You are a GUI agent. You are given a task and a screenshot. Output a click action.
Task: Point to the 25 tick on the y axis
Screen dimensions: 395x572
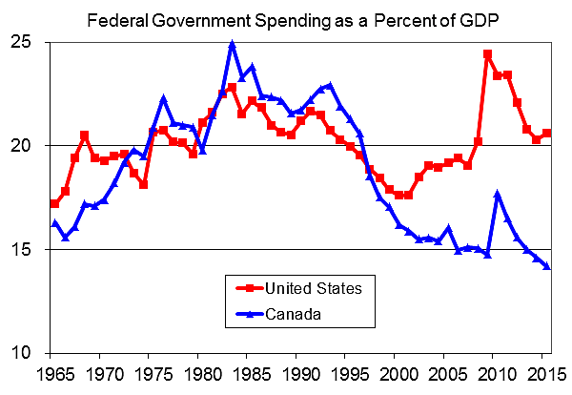23,42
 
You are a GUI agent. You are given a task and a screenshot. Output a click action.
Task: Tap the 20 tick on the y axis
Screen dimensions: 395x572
23,146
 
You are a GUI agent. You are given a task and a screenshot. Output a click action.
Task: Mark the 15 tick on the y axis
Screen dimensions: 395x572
23,249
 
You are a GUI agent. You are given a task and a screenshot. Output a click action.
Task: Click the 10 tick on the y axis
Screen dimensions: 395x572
23,353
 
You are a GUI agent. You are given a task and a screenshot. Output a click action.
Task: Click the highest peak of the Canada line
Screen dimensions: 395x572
232,44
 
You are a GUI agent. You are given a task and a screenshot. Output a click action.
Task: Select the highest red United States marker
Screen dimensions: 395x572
488,54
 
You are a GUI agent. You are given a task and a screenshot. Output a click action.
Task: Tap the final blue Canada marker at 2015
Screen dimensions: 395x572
547,266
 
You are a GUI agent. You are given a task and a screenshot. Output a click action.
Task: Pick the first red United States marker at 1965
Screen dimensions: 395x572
54,203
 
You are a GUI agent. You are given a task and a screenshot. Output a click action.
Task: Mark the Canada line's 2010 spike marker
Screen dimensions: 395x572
498,194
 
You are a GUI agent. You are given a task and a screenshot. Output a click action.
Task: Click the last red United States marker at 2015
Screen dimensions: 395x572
547,133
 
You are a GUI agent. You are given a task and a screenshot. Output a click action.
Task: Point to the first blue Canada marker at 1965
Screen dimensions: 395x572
54,223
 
